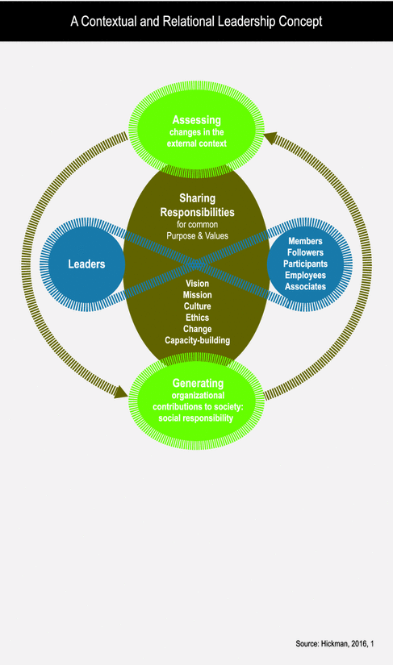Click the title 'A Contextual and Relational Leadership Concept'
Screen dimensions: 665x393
(196, 21)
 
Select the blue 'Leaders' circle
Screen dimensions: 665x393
(85, 264)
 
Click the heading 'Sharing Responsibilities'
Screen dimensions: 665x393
(197, 205)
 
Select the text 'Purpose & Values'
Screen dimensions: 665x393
(197, 235)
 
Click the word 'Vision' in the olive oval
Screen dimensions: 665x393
(197, 284)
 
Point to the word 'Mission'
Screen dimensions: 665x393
(197, 295)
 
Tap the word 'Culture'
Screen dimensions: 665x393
(197, 306)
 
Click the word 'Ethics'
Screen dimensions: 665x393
(197, 318)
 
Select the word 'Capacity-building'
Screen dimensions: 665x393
(197, 340)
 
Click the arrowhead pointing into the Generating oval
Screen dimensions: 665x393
(120, 392)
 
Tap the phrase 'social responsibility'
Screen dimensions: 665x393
(197, 418)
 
